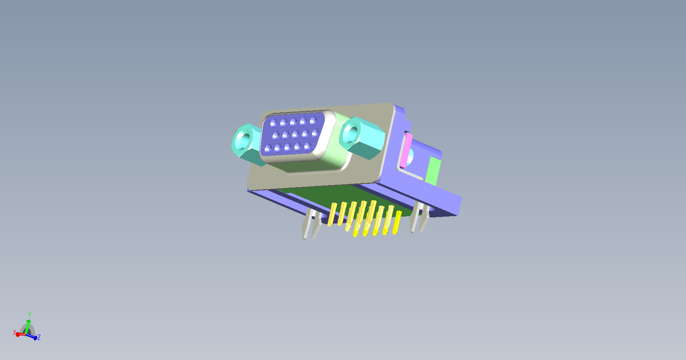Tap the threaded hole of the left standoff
coord(244,141)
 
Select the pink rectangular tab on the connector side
coord(405,150)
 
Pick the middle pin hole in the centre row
coord(295,134)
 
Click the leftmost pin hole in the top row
coord(273,123)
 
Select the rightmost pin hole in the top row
coord(313,121)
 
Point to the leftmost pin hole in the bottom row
coord(268,149)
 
